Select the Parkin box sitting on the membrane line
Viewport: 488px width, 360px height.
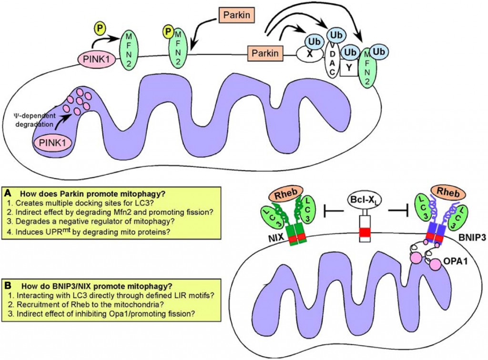click(264, 51)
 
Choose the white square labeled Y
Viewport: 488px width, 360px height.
click(349, 67)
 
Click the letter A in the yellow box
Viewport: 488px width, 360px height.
click(8, 194)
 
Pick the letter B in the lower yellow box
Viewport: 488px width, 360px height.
click(8, 286)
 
